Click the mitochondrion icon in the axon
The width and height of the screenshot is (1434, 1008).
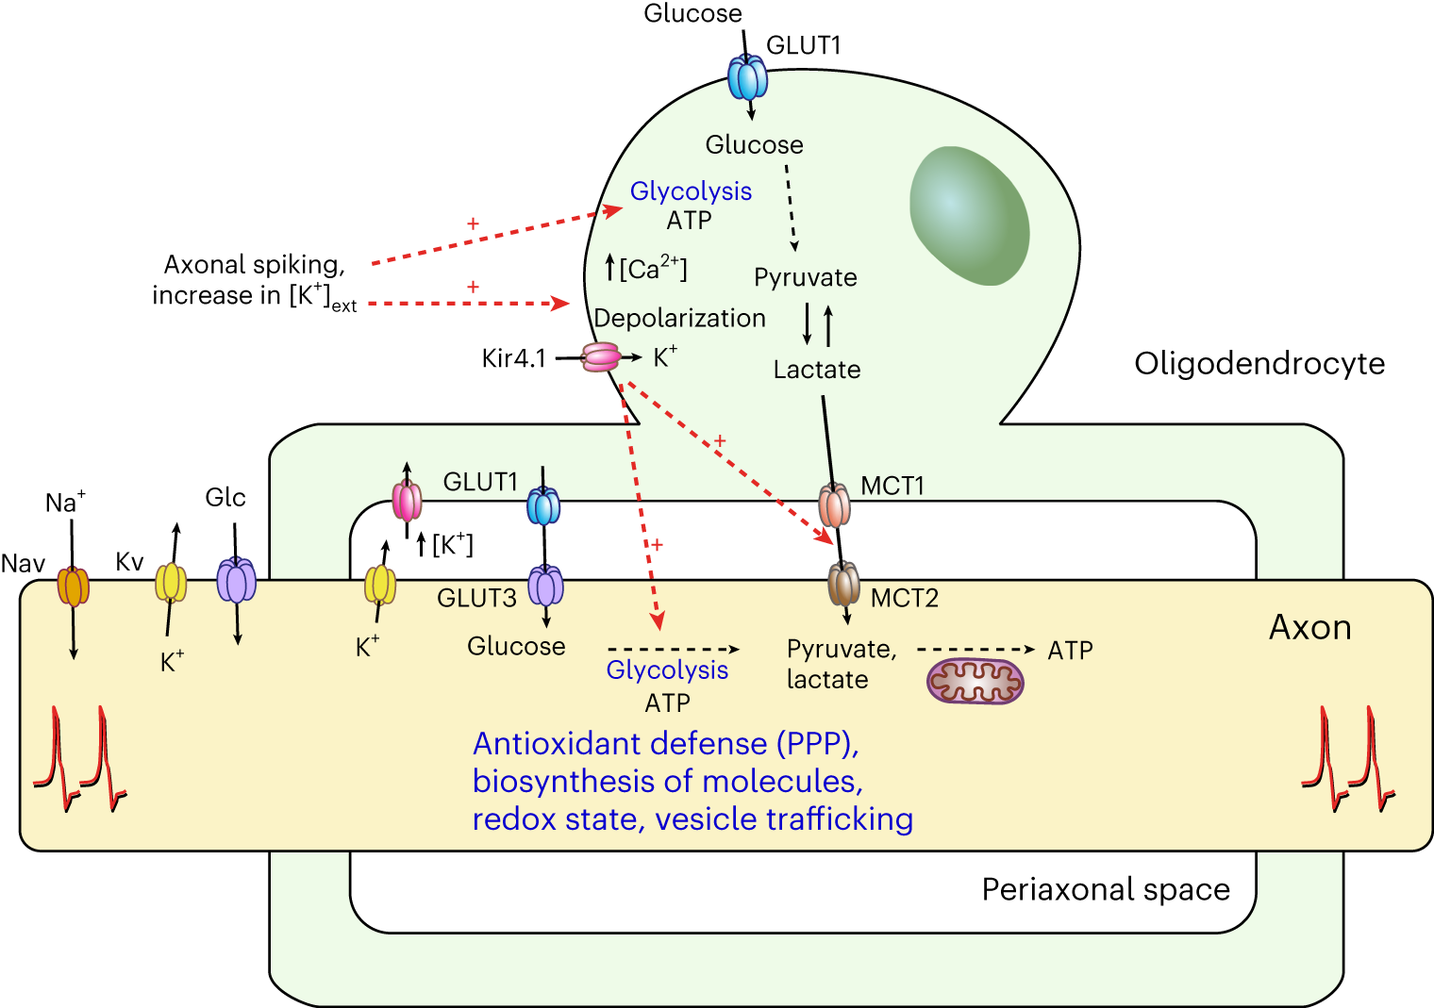(x=975, y=681)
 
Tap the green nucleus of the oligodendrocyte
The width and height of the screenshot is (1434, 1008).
(x=969, y=215)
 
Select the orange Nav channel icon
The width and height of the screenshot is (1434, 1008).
(x=73, y=587)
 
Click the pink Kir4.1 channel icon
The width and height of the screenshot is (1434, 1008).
(x=600, y=357)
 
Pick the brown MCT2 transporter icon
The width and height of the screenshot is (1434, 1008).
(x=843, y=584)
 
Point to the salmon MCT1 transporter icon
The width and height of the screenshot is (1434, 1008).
(x=834, y=505)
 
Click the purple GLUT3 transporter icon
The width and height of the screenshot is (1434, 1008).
(x=545, y=586)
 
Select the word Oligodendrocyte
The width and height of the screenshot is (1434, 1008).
(x=1259, y=363)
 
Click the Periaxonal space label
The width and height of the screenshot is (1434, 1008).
(x=1106, y=889)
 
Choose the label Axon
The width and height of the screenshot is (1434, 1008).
(x=1309, y=627)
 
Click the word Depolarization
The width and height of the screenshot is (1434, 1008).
(x=679, y=319)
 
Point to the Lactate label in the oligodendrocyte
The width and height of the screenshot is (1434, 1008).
(x=817, y=370)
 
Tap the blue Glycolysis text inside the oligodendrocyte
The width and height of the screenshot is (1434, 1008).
(x=691, y=191)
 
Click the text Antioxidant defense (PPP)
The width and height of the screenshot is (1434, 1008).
(x=666, y=744)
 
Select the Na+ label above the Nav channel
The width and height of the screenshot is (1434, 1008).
(x=65, y=502)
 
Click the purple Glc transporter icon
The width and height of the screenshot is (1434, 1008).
(x=236, y=580)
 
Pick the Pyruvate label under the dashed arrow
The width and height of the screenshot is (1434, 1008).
(x=806, y=277)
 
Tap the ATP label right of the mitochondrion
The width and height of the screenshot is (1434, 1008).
(x=1070, y=651)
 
